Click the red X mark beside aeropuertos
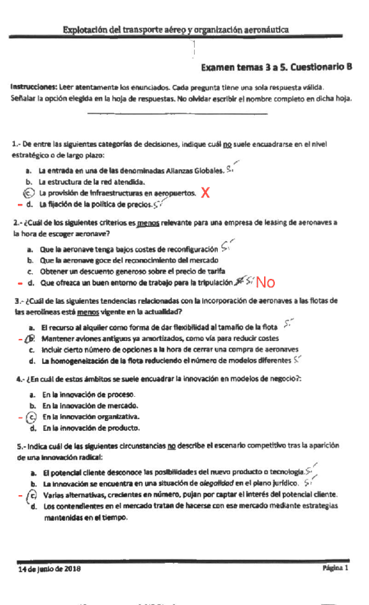click(206, 193)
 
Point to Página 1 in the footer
click(335, 569)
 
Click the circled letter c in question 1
click(28, 193)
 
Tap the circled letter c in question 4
click(30, 416)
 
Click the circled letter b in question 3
click(30, 338)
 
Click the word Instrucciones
click(34, 86)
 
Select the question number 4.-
click(18, 380)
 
